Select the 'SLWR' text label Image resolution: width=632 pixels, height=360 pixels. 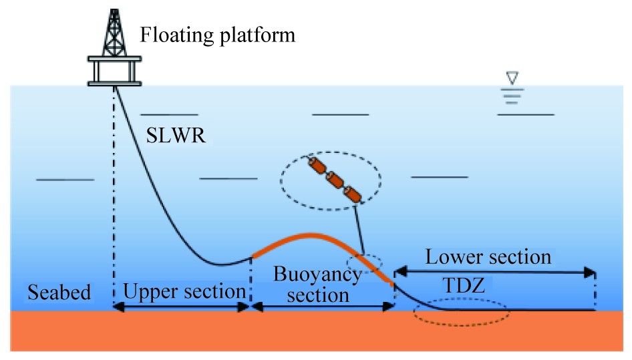coord(175,137)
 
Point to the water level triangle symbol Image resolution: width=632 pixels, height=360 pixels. coord(512,79)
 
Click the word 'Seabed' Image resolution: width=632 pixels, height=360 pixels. coord(58,292)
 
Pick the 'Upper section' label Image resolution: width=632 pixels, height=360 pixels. coord(184,291)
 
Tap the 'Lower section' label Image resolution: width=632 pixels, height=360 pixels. coord(489,257)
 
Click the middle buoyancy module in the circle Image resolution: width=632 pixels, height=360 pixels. coord(333,180)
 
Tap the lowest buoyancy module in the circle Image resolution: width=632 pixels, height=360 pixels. coord(351,194)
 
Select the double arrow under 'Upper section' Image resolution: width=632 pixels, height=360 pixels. coord(181,307)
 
